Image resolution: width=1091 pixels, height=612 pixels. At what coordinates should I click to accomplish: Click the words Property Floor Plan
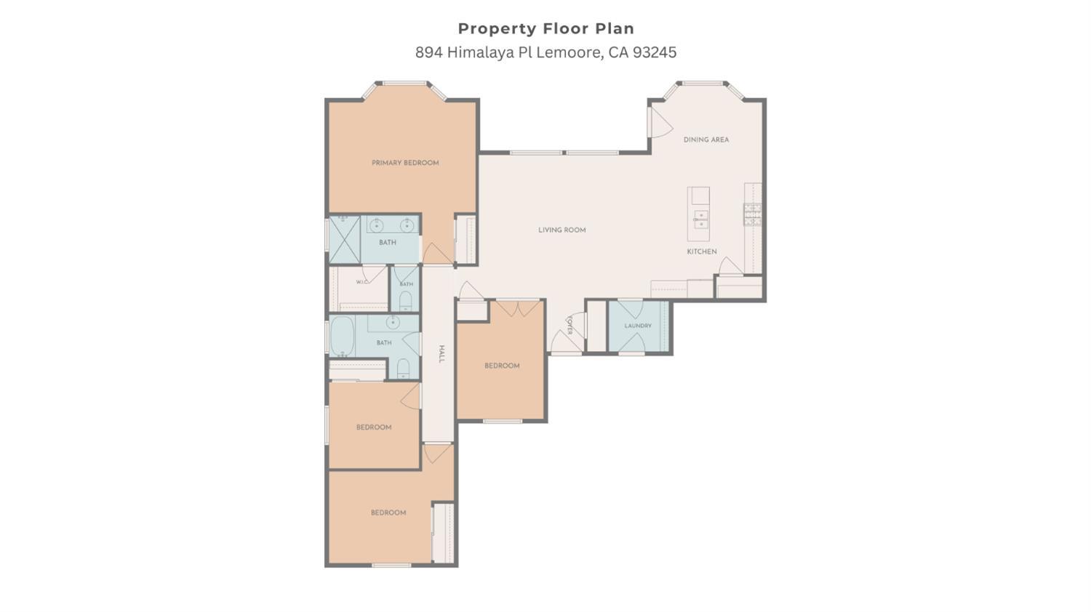point(546,29)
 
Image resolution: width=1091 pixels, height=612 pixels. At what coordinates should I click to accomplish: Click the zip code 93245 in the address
point(655,52)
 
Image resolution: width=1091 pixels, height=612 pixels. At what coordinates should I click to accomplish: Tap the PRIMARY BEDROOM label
point(405,163)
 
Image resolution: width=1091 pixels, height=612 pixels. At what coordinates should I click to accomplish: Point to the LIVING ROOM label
point(562,230)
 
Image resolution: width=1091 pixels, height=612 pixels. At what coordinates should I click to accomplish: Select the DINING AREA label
point(706,140)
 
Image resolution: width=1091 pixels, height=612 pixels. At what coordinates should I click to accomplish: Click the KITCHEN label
point(702,251)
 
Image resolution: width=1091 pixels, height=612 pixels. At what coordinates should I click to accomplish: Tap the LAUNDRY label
point(638,326)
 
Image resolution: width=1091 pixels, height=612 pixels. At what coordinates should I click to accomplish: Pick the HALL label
point(441,354)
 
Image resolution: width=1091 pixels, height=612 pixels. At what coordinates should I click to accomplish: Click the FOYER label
point(570,325)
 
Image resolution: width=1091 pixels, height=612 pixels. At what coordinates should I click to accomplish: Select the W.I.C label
point(362,282)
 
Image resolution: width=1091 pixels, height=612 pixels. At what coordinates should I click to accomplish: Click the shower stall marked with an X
point(344,240)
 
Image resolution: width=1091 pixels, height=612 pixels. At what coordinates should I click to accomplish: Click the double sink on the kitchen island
point(701,219)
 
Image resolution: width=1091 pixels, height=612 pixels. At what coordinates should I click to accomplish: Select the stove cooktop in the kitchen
point(753,214)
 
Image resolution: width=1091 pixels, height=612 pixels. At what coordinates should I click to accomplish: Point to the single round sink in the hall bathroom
point(393,322)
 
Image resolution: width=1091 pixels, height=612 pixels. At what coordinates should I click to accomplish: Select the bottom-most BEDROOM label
point(388,512)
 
